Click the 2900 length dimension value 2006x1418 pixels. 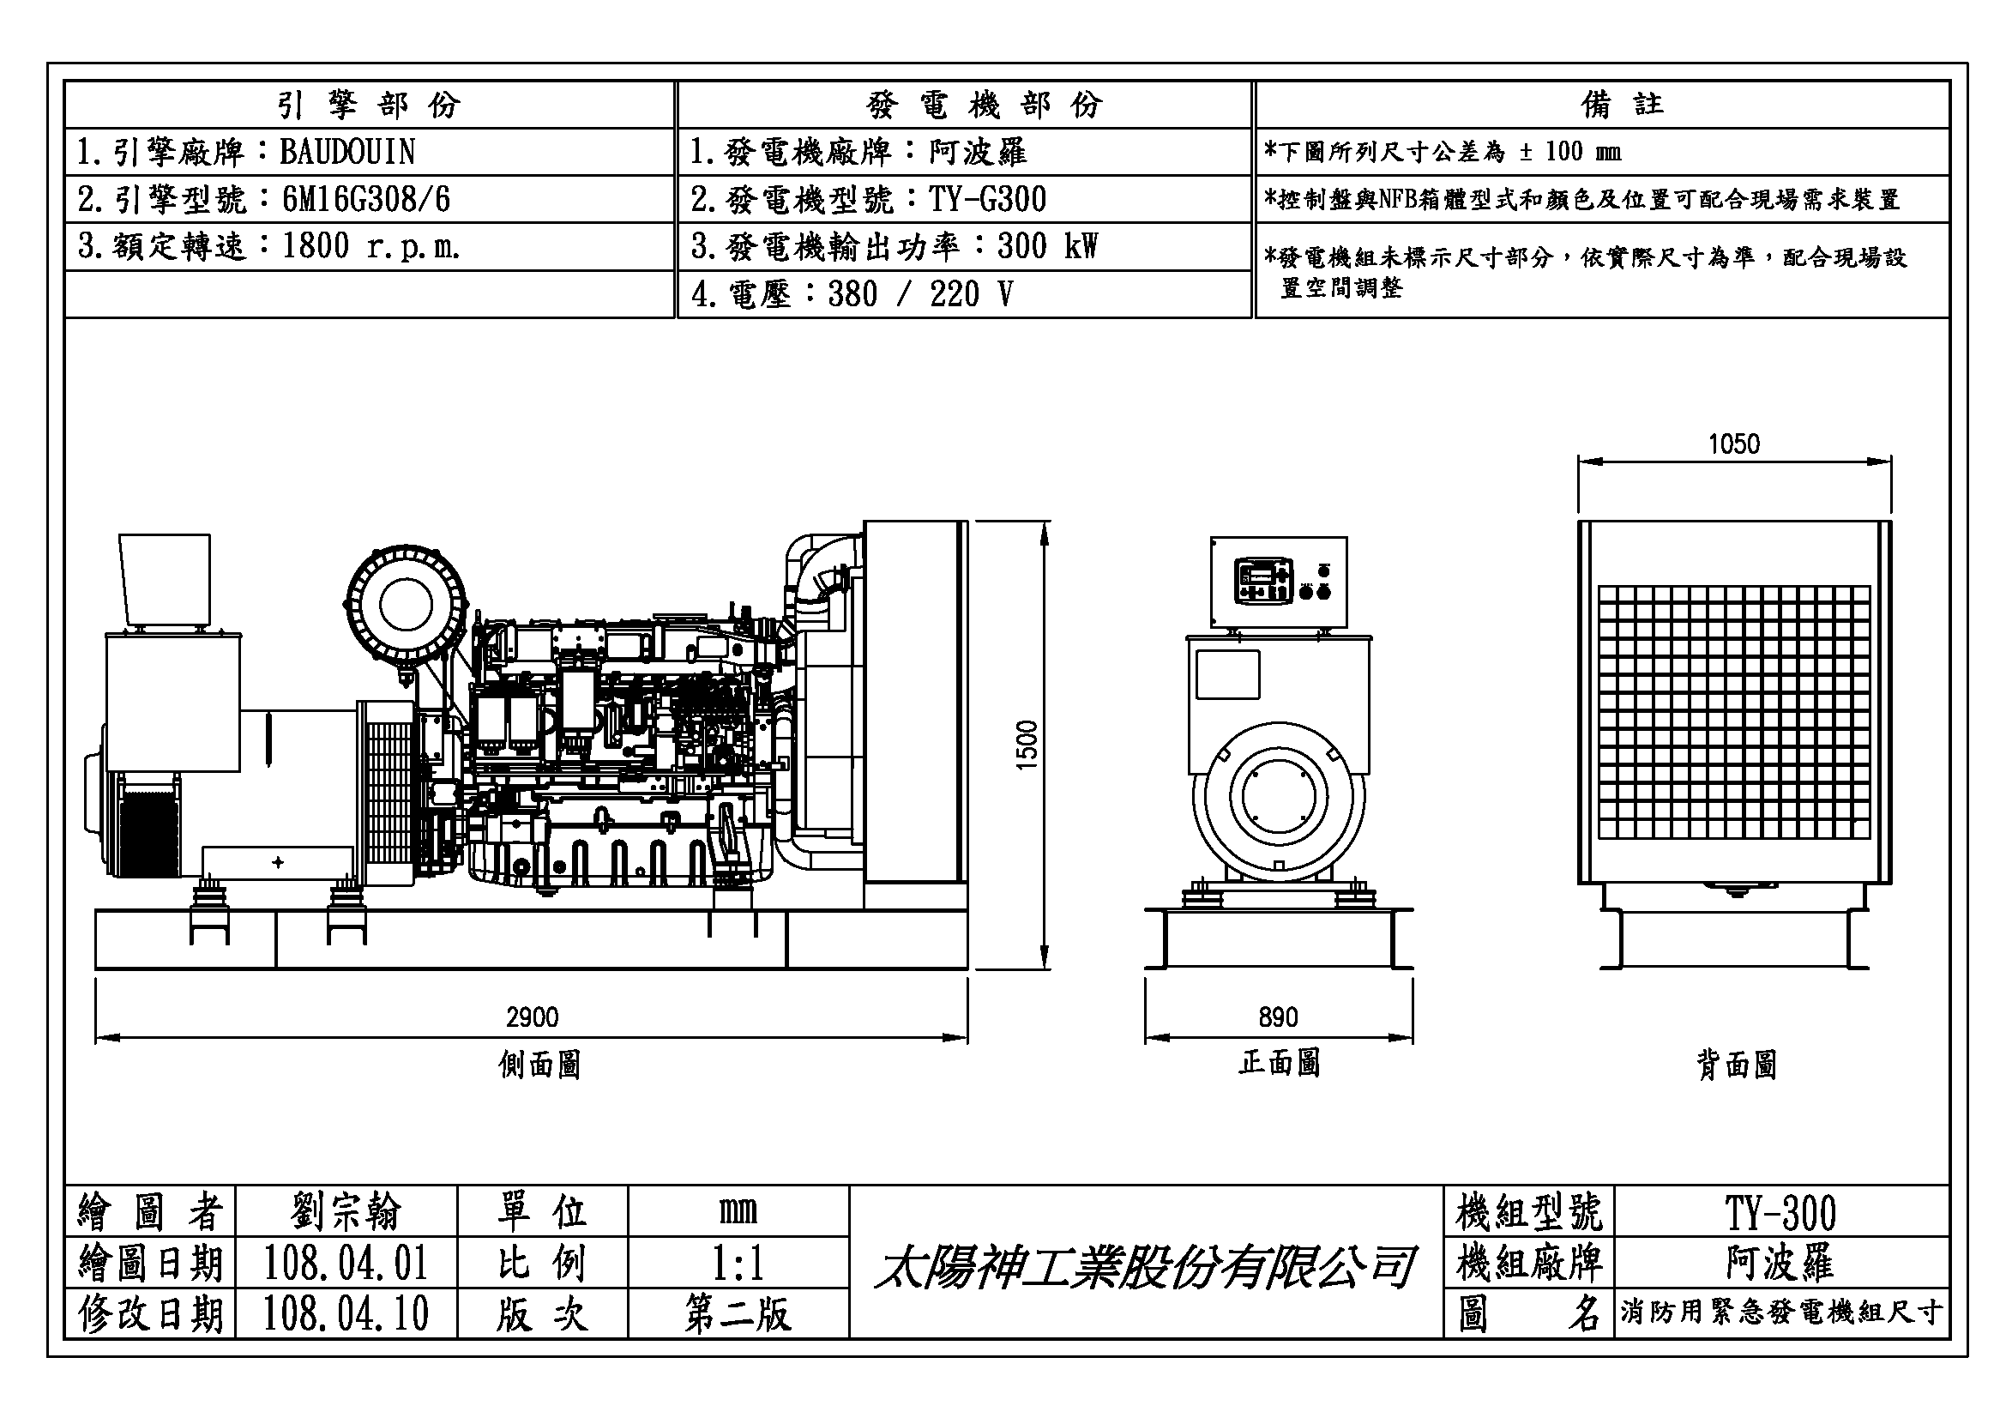(x=531, y=1017)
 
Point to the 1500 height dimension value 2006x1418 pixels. (x=1027, y=745)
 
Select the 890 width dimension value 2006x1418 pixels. (x=1278, y=1017)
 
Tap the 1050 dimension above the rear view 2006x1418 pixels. (x=1734, y=444)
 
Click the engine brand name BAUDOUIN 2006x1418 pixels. (x=346, y=152)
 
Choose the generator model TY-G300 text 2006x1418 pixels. (x=987, y=199)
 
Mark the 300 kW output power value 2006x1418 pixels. (x=1046, y=246)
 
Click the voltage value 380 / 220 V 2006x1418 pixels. (x=920, y=294)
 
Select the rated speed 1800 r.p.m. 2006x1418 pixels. (x=370, y=246)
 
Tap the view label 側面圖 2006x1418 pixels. (x=539, y=1065)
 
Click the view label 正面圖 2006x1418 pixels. (x=1278, y=1063)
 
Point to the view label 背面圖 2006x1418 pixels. (x=1736, y=1065)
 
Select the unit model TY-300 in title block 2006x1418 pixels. (x=1780, y=1213)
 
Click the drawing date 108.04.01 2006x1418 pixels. (x=346, y=1264)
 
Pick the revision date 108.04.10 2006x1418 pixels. (x=346, y=1314)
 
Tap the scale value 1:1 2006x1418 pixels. (x=738, y=1264)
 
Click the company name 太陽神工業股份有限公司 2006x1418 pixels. (x=1145, y=1267)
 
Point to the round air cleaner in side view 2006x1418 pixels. (x=406, y=604)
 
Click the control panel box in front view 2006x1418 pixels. (x=1278, y=582)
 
